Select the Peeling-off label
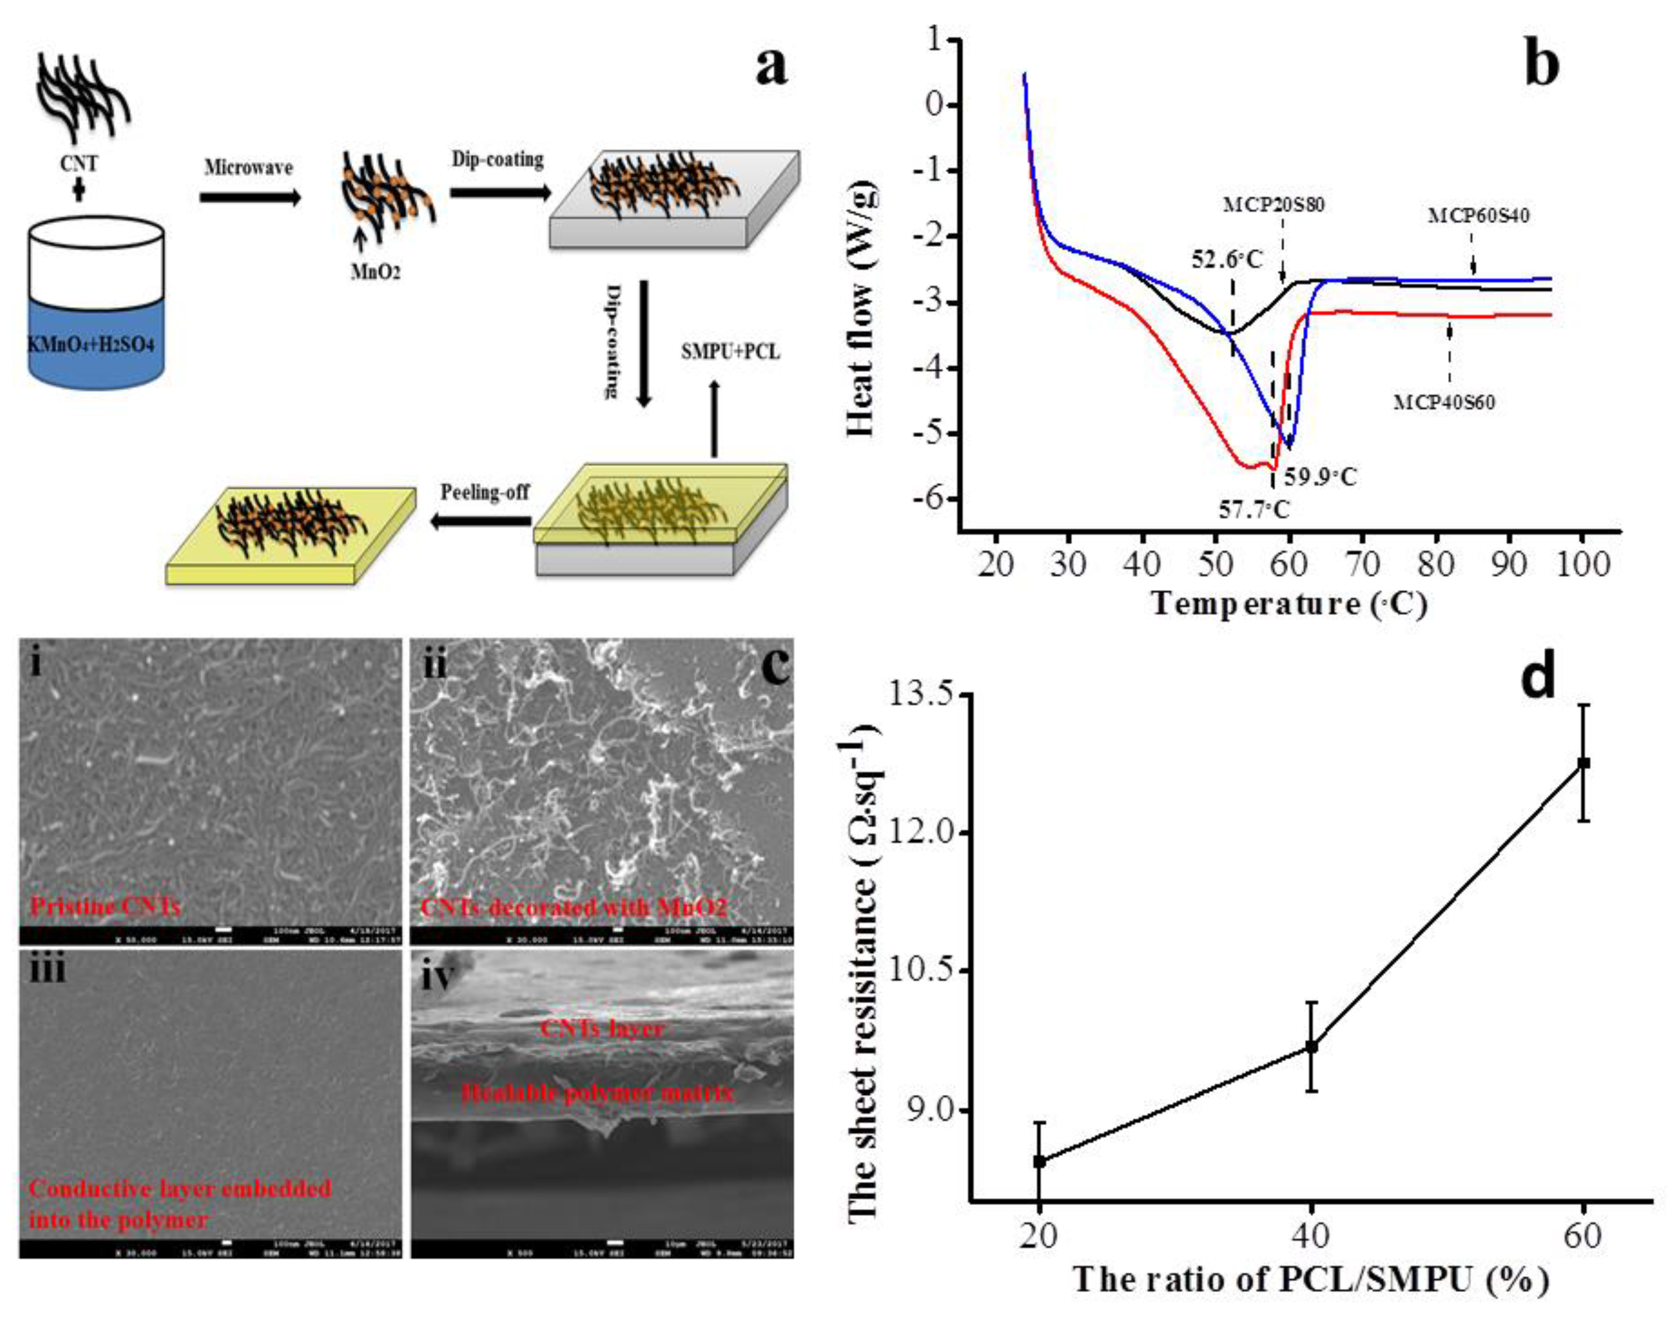pyautogui.click(x=485, y=492)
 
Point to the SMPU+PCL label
pyautogui.click(x=730, y=353)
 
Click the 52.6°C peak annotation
pyautogui.click(x=1226, y=259)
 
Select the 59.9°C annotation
pyautogui.click(x=1320, y=476)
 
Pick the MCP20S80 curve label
pyautogui.click(x=1268, y=206)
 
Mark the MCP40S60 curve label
pyautogui.click(x=1444, y=402)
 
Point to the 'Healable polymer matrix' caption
pyautogui.click(x=597, y=1093)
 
